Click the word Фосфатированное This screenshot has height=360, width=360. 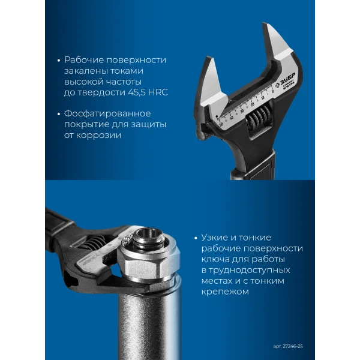pos(107,113)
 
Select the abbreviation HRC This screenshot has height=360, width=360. pos(158,92)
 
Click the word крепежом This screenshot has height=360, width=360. pos(225,292)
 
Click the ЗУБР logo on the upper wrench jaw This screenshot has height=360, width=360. pos(286,79)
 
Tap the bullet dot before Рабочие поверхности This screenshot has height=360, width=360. pos(59,61)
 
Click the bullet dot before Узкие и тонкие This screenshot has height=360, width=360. pos(196,238)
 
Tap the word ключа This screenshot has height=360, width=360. pos(215,259)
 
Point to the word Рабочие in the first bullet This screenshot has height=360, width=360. pos(84,60)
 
